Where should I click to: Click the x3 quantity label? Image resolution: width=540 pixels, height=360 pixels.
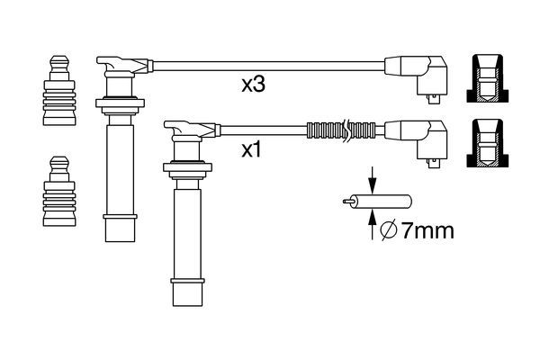[254, 86]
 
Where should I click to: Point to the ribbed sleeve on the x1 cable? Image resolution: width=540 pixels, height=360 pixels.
[339, 129]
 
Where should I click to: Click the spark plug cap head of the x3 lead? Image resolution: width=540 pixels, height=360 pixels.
[119, 66]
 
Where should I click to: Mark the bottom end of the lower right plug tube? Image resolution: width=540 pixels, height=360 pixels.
[184, 295]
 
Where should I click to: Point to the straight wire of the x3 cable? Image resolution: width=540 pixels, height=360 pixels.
[270, 64]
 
